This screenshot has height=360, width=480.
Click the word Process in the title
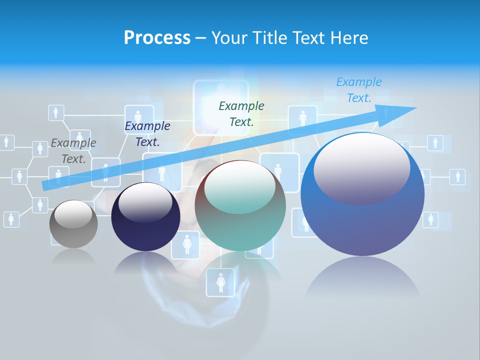pyautogui.click(x=157, y=38)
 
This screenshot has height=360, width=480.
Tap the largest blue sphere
pyautogui.click(x=362, y=225)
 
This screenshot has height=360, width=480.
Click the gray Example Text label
pyautogui.click(x=73, y=151)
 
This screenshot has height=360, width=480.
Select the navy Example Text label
pyautogui.click(x=147, y=134)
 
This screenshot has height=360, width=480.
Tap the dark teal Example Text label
pyautogui.click(x=241, y=113)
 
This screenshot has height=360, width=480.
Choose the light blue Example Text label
pyautogui.click(x=359, y=90)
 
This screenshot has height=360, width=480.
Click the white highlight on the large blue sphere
pyautogui.click(x=361, y=168)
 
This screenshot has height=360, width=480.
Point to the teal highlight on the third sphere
pyautogui.click(x=240, y=187)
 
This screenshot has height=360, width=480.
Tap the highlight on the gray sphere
pyautogui.click(x=73, y=214)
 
